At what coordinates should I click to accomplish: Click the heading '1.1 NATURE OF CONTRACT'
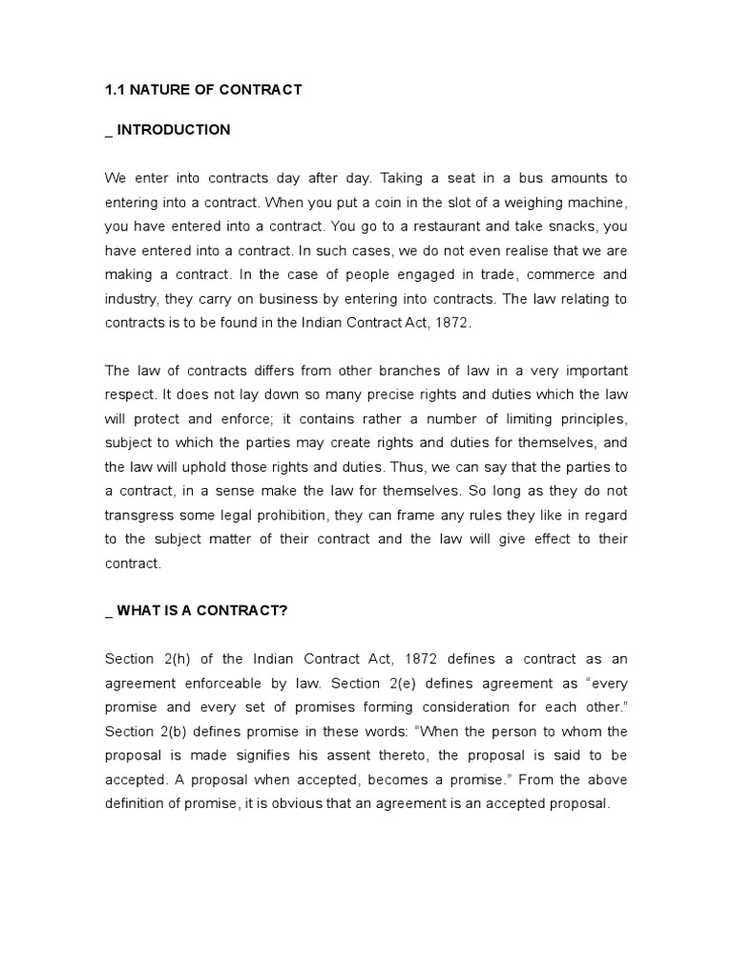pos(202,90)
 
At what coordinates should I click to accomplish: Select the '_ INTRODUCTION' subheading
pos(167,130)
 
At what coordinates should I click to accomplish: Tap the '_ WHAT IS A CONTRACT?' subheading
pos(196,611)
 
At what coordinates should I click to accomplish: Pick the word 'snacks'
pos(545,227)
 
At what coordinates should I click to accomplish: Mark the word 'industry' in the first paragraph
pos(130,299)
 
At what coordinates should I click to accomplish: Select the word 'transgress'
pos(140,515)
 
